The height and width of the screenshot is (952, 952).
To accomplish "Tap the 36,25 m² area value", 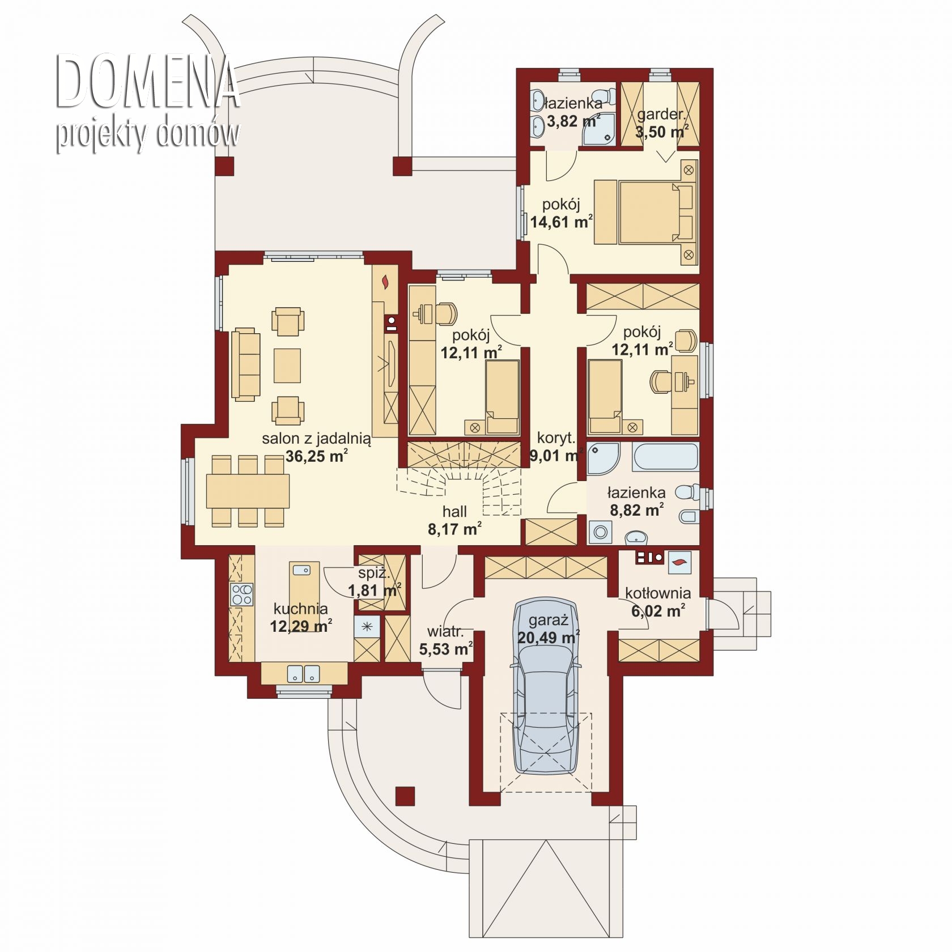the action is [x=316, y=456].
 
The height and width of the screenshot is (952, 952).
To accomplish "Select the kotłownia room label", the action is [x=658, y=593].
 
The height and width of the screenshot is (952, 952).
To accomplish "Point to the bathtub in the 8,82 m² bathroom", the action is [x=666, y=456].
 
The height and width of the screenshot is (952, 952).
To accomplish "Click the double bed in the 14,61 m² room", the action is [x=656, y=212].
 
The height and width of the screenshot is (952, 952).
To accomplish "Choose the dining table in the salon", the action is [x=248, y=491].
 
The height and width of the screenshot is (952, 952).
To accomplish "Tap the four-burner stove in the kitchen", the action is [x=242, y=594].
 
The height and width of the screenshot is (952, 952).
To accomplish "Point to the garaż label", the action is [x=547, y=620].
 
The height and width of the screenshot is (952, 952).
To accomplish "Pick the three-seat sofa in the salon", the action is [x=245, y=364].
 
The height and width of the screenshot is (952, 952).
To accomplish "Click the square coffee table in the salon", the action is [x=287, y=365].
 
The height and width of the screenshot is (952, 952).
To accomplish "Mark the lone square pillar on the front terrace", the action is [x=405, y=796].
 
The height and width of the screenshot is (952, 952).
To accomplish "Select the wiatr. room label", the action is [x=445, y=631].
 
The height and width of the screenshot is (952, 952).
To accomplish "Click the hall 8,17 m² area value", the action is [x=455, y=529].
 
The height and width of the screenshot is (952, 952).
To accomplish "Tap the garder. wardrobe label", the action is [x=661, y=114].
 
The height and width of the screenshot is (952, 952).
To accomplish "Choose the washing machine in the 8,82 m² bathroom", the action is [x=600, y=533].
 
